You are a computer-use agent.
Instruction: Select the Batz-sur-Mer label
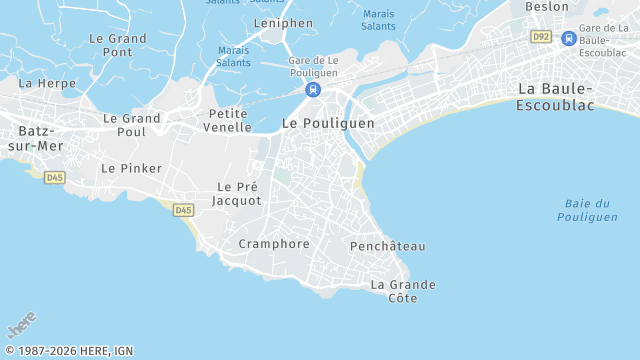click(x=36, y=138)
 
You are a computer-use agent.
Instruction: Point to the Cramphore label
click(x=274, y=244)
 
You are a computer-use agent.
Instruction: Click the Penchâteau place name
click(x=388, y=246)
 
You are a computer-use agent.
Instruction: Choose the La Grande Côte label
click(x=403, y=291)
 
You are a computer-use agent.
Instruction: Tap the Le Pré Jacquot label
click(x=239, y=194)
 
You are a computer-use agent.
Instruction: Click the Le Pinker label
click(x=131, y=169)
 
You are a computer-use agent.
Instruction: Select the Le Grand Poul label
click(x=131, y=125)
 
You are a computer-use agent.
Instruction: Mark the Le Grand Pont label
click(x=118, y=45)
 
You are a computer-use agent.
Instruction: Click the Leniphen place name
click(x=283, y=22)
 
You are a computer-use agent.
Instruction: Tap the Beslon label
click(x=547, y=6)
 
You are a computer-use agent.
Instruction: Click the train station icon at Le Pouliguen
click(x=314, y=90)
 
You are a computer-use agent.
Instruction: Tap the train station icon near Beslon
click(x=568, y=38)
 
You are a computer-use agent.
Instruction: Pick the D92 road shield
click(x=541, y=37)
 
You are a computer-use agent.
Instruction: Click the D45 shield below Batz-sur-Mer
click(x=55, y=178)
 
